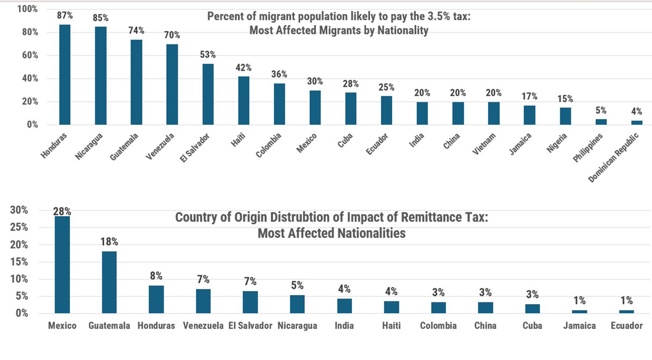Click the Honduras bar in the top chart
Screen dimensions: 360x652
(x=65, y=74)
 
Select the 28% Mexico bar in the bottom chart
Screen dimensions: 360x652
(x=62, y=264)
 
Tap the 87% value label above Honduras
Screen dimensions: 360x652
(x=65, y=15)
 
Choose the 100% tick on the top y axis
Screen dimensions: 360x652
(x=27, y=9)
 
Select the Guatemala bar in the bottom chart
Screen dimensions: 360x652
(x=109, y=282)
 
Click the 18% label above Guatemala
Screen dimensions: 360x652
(x=109, y=241)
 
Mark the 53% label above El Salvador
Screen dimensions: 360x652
(x=208, y=54)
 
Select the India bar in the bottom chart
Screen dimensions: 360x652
(x=344, y=306)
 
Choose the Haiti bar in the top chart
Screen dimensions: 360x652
(x=243, y=100)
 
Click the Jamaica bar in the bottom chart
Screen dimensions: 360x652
(x=580, y=311)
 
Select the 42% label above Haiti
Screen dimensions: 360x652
(x=243, y=67)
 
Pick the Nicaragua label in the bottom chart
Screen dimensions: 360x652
(x=297, y=326)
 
